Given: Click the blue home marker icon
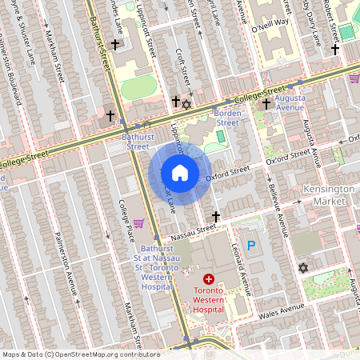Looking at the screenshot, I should click(x=180, y=173).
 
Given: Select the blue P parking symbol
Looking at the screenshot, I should click(x=253, y=247).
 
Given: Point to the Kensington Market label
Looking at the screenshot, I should click(x=330, y=194).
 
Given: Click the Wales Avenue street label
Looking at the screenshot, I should click(x=281, y=308).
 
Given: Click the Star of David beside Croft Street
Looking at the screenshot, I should click(x=187, y=104).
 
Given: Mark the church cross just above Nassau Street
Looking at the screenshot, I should click(x=215, y=216).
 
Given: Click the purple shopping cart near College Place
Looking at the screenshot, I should click(x=138, y=223).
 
